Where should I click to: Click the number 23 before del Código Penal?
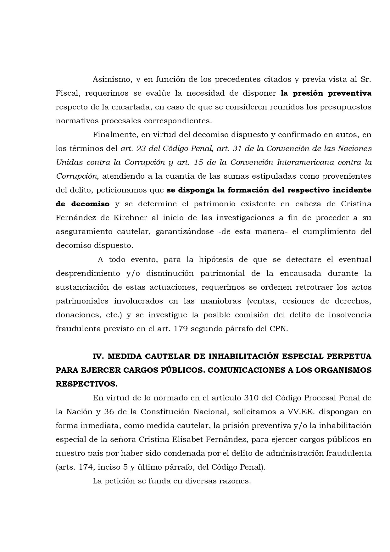coord(141,148)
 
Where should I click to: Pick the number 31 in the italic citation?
coord(237,148)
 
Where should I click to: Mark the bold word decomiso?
coord(90,204)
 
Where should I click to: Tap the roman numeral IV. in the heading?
coord(98,356)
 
